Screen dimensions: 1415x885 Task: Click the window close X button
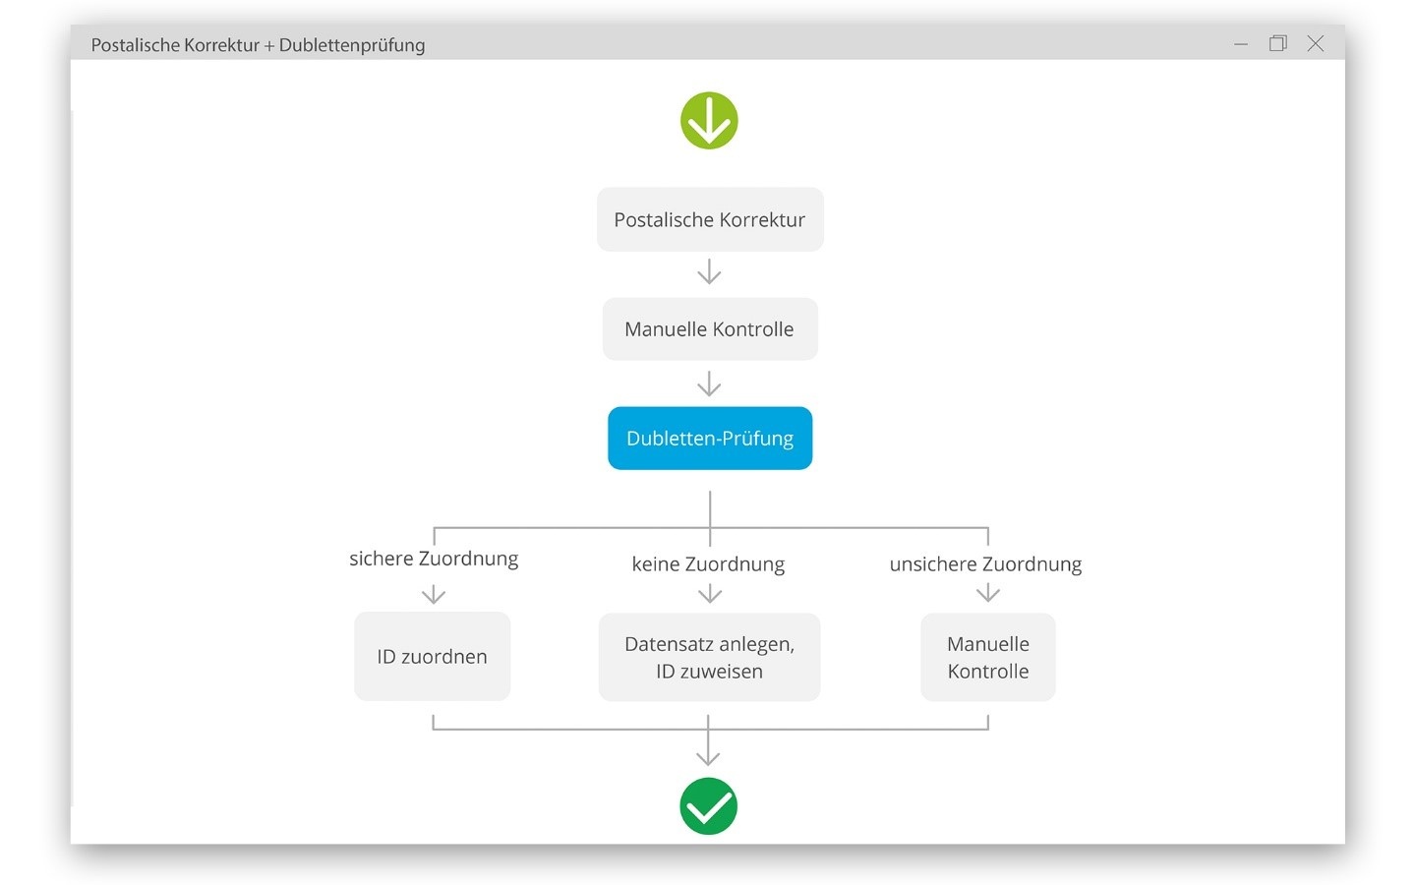click(1315, 43)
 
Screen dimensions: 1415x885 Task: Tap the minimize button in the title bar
click(1241, 44)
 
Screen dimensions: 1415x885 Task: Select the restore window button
click(1278, 43)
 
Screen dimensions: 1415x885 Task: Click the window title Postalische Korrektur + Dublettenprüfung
click(258, 45)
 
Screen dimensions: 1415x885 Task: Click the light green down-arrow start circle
click(709, 120)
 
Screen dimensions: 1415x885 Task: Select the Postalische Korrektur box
click(710, 219)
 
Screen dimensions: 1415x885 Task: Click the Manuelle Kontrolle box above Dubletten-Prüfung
click(710, 329)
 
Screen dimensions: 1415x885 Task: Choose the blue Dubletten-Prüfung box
click(710, 438)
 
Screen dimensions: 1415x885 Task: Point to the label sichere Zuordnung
click(434, 559)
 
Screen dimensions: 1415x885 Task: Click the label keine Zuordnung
click(708, 563)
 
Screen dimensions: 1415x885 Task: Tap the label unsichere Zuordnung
click(985, 563)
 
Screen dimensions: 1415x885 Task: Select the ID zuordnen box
click(432, 656)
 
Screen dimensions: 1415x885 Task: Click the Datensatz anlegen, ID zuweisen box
click(709, 657)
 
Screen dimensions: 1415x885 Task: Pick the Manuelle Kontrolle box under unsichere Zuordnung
click(988, 657)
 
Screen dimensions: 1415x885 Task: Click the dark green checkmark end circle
click(708, 806)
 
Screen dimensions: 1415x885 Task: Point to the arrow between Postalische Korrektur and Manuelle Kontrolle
click(709, 271)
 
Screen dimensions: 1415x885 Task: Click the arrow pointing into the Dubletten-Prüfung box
click(709, 383)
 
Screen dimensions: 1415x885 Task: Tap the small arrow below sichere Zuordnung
click(434, 594)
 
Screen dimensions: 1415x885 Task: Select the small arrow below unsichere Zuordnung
click(988, 593)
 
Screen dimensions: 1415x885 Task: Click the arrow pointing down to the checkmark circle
click(708, 740)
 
